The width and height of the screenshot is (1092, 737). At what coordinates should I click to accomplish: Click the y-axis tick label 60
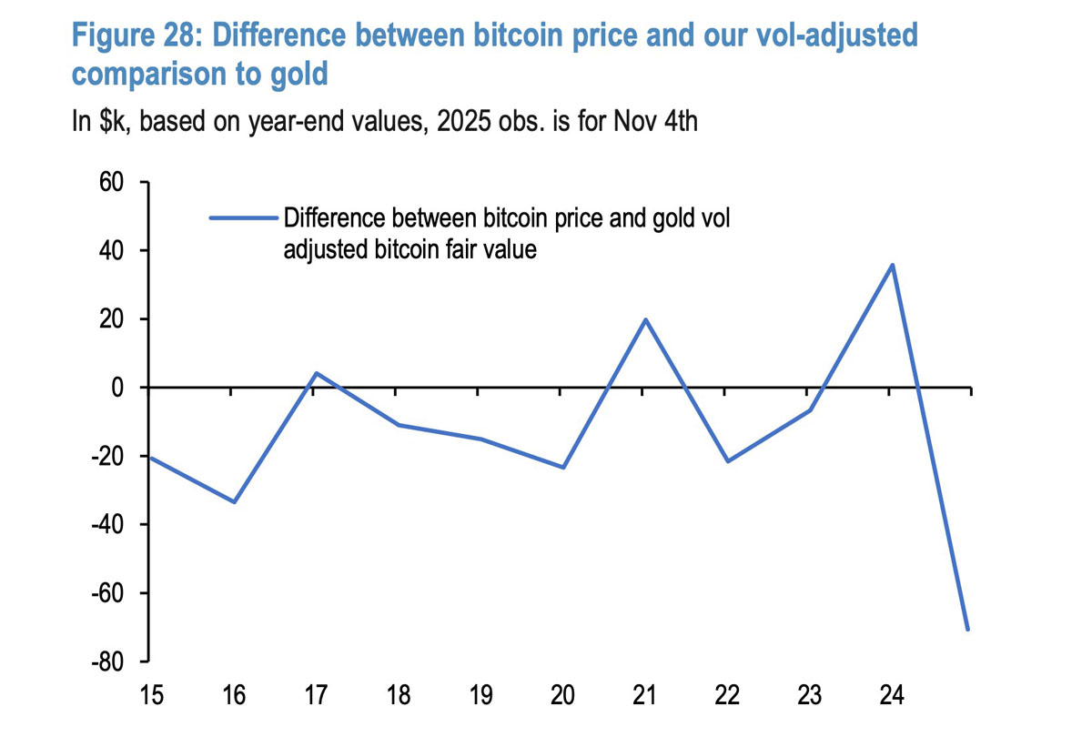pos(111,183)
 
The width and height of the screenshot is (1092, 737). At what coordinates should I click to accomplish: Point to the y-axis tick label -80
pos(107,662)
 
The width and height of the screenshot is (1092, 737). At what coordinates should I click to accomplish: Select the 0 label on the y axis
pos(117,388)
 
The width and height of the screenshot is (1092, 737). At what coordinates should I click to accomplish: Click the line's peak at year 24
pos(892,265)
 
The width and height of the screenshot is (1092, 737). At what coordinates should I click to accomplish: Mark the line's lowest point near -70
pos(968,630)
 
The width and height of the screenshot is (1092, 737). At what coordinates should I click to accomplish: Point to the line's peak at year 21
pos(645,319)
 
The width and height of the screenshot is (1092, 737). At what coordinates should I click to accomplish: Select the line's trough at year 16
pos(235,501)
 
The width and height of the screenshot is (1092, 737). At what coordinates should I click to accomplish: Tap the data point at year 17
pos(316,373)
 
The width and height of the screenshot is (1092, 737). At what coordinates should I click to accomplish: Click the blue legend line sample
pos(242,218)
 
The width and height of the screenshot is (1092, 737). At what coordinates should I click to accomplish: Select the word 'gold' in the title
pos(297,75)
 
